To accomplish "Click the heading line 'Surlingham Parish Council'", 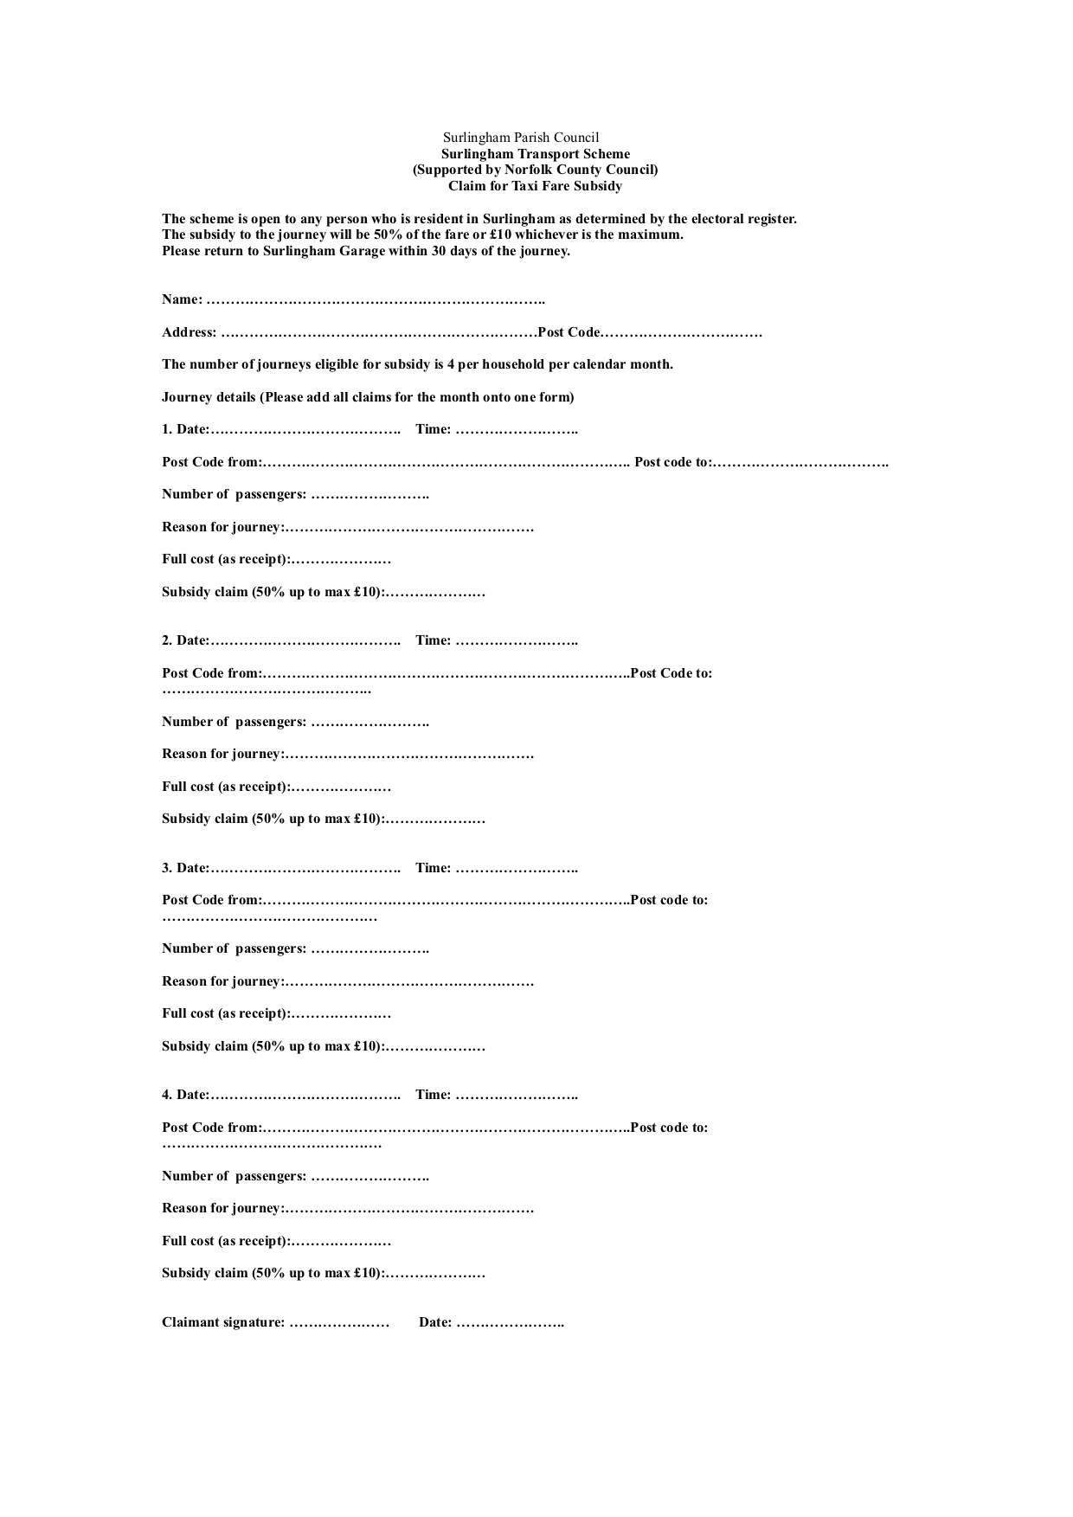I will pyautogui.click(x=521, y=138).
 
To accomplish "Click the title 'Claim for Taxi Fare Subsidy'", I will pyautogui.click(x=535, y=186).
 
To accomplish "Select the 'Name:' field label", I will pyautogui.click(x=182, y=299).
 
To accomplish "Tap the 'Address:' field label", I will pyautogui.click(x=189, y=332).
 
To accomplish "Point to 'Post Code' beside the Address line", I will pyautogui.click(x=569, y=332).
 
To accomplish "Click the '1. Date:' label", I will pyautogui.click(x=185, y=429).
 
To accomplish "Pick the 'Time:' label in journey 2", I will pyautogui.click(x=433, y=640).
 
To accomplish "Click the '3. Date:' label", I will pyautogui.click(x=185, y=868).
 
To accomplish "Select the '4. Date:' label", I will pyautogui.click(x=185, y=1095).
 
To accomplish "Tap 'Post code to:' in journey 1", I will pyautogui.click(x=673, y=462).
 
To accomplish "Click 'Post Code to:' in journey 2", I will pyautogui.click(x=671, y=673).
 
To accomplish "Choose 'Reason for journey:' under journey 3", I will pyautogui.click(x=222, y=981).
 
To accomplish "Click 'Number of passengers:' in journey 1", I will pyautogui.click(x=234, y=494).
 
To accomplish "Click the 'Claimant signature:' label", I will pyautogui.click(x=223, y=1322).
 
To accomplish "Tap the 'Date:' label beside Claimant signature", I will pyautogui.click(x=435, y=1322).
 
